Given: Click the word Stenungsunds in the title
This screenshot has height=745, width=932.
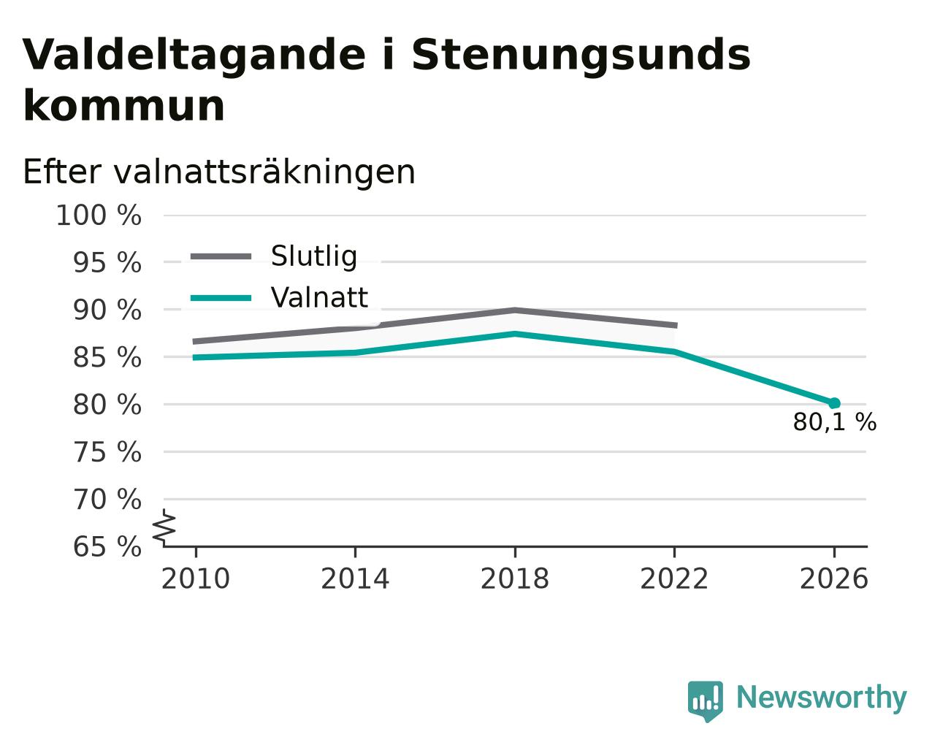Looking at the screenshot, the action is [581, 56].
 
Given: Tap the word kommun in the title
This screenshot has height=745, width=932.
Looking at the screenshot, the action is [124, 106].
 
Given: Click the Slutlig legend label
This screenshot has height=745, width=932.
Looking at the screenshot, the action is [314, 256].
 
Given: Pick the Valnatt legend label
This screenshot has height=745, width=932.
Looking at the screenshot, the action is [319, 297].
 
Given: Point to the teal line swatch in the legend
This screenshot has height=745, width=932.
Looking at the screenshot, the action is [221, 298].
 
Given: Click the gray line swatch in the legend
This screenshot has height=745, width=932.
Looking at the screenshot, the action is [221, 257].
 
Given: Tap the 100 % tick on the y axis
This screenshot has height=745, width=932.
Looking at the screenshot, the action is [99, 215].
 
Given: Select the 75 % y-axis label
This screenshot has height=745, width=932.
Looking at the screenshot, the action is [107, 452].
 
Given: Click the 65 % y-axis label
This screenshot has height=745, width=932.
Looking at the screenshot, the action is [107, 546].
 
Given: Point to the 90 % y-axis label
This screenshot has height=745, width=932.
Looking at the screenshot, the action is [107, 310].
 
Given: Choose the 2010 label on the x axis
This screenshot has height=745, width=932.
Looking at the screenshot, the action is [196, 579].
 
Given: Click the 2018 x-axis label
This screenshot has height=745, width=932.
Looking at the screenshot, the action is [515, 579].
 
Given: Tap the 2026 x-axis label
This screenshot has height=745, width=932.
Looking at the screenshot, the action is [834, 579].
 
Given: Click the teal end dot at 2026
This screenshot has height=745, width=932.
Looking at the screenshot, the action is [834, 403].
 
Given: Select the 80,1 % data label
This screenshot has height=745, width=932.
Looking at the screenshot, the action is [835, 422].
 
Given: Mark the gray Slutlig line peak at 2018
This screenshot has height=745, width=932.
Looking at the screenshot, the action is [515, 310].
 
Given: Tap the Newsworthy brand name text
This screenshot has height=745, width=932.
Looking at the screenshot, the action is [822, 698].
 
